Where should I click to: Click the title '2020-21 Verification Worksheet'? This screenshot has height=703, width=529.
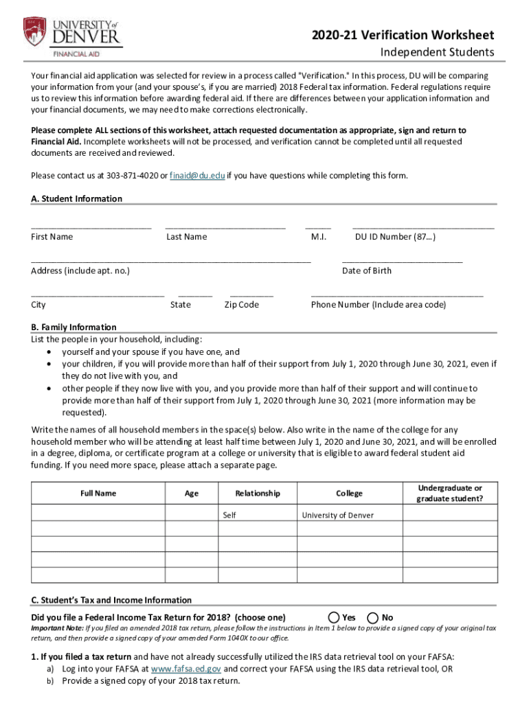click(x=403, y=35)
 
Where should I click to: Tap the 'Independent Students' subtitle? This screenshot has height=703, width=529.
click(x=438, y=53)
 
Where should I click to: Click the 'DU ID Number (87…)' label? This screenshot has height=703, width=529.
click(x=395, y=237)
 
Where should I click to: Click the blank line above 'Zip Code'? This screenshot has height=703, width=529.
click(x=251, y=295)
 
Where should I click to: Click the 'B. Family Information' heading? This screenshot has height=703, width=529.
click(x=74, y=327)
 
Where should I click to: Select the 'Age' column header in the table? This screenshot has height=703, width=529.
click(x=192, y=493)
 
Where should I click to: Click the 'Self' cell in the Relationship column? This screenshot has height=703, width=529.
click(x=229, y=515)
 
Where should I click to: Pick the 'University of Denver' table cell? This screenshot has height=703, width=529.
click(x=337, y=515)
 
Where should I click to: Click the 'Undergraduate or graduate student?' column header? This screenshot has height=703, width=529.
click(x=449, y=493)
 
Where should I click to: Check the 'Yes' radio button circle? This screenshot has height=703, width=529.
click(x=334, y=617)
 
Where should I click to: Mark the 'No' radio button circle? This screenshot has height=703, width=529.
click(x=373, y=617)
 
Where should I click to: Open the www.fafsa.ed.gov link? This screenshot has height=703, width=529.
click(x=185, y=669)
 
